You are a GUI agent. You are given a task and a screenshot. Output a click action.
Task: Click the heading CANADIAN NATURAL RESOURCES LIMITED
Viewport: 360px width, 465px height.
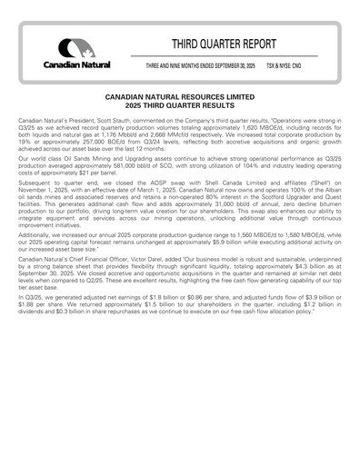tap(179, 95)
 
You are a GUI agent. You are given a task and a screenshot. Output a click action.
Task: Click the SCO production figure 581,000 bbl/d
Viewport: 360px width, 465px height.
tap(109, 172)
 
